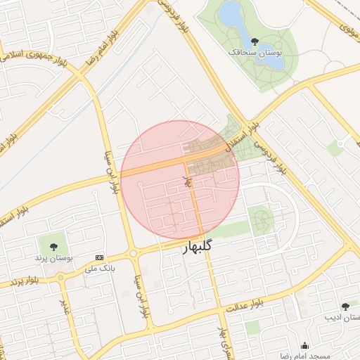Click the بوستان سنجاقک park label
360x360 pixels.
click(x=255, y=53)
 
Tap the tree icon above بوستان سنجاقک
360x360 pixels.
click(x=254, y=41)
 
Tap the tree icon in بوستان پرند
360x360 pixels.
click(x=53, y=245)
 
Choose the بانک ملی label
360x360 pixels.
click(x=99, y=269)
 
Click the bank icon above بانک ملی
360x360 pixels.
click(x=99, y=258)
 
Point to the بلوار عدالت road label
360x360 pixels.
click(x=244, y=304)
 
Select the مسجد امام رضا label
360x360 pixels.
click(x=305, y=356)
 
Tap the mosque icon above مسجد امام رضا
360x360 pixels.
click(x=304, y=345)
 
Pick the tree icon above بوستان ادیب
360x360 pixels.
click(x=345, y=306)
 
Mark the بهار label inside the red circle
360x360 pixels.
click(x=188, y=182)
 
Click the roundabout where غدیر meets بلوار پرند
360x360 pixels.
click(x=61, y=278)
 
